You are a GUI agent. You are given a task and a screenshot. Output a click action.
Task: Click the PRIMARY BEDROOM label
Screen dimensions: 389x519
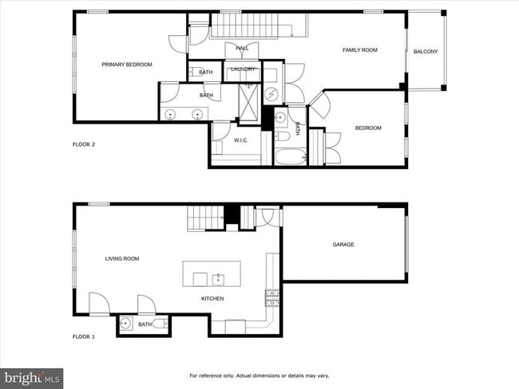tap(126, 65)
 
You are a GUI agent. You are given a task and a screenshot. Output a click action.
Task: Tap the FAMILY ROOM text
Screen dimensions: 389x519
tap(359, 50)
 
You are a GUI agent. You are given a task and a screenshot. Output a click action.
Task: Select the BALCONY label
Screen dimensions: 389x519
tap(426, 52)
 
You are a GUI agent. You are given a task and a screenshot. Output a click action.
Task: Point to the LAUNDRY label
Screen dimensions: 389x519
tap(243, 69)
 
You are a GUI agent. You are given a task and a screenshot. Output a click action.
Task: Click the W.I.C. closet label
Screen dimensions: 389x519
tap(241, 141)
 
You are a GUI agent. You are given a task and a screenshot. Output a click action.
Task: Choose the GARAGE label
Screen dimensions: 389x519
tap(343, 245)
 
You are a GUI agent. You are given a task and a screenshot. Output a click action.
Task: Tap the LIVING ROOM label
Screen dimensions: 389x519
tap(122, 258)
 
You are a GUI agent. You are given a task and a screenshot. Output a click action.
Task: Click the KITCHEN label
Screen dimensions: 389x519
tap(212, 299)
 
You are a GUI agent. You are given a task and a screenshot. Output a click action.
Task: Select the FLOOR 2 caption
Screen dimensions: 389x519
tap(84, 144)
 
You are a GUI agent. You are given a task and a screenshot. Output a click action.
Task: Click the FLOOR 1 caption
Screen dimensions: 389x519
tap(84, 337)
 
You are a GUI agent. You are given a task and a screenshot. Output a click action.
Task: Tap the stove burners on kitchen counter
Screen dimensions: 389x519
tap(271, 298)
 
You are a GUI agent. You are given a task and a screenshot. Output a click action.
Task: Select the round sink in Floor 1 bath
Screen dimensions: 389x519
tap(126, 324)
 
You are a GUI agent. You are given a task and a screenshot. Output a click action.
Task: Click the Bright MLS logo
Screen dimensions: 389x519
tap(32, 377)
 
